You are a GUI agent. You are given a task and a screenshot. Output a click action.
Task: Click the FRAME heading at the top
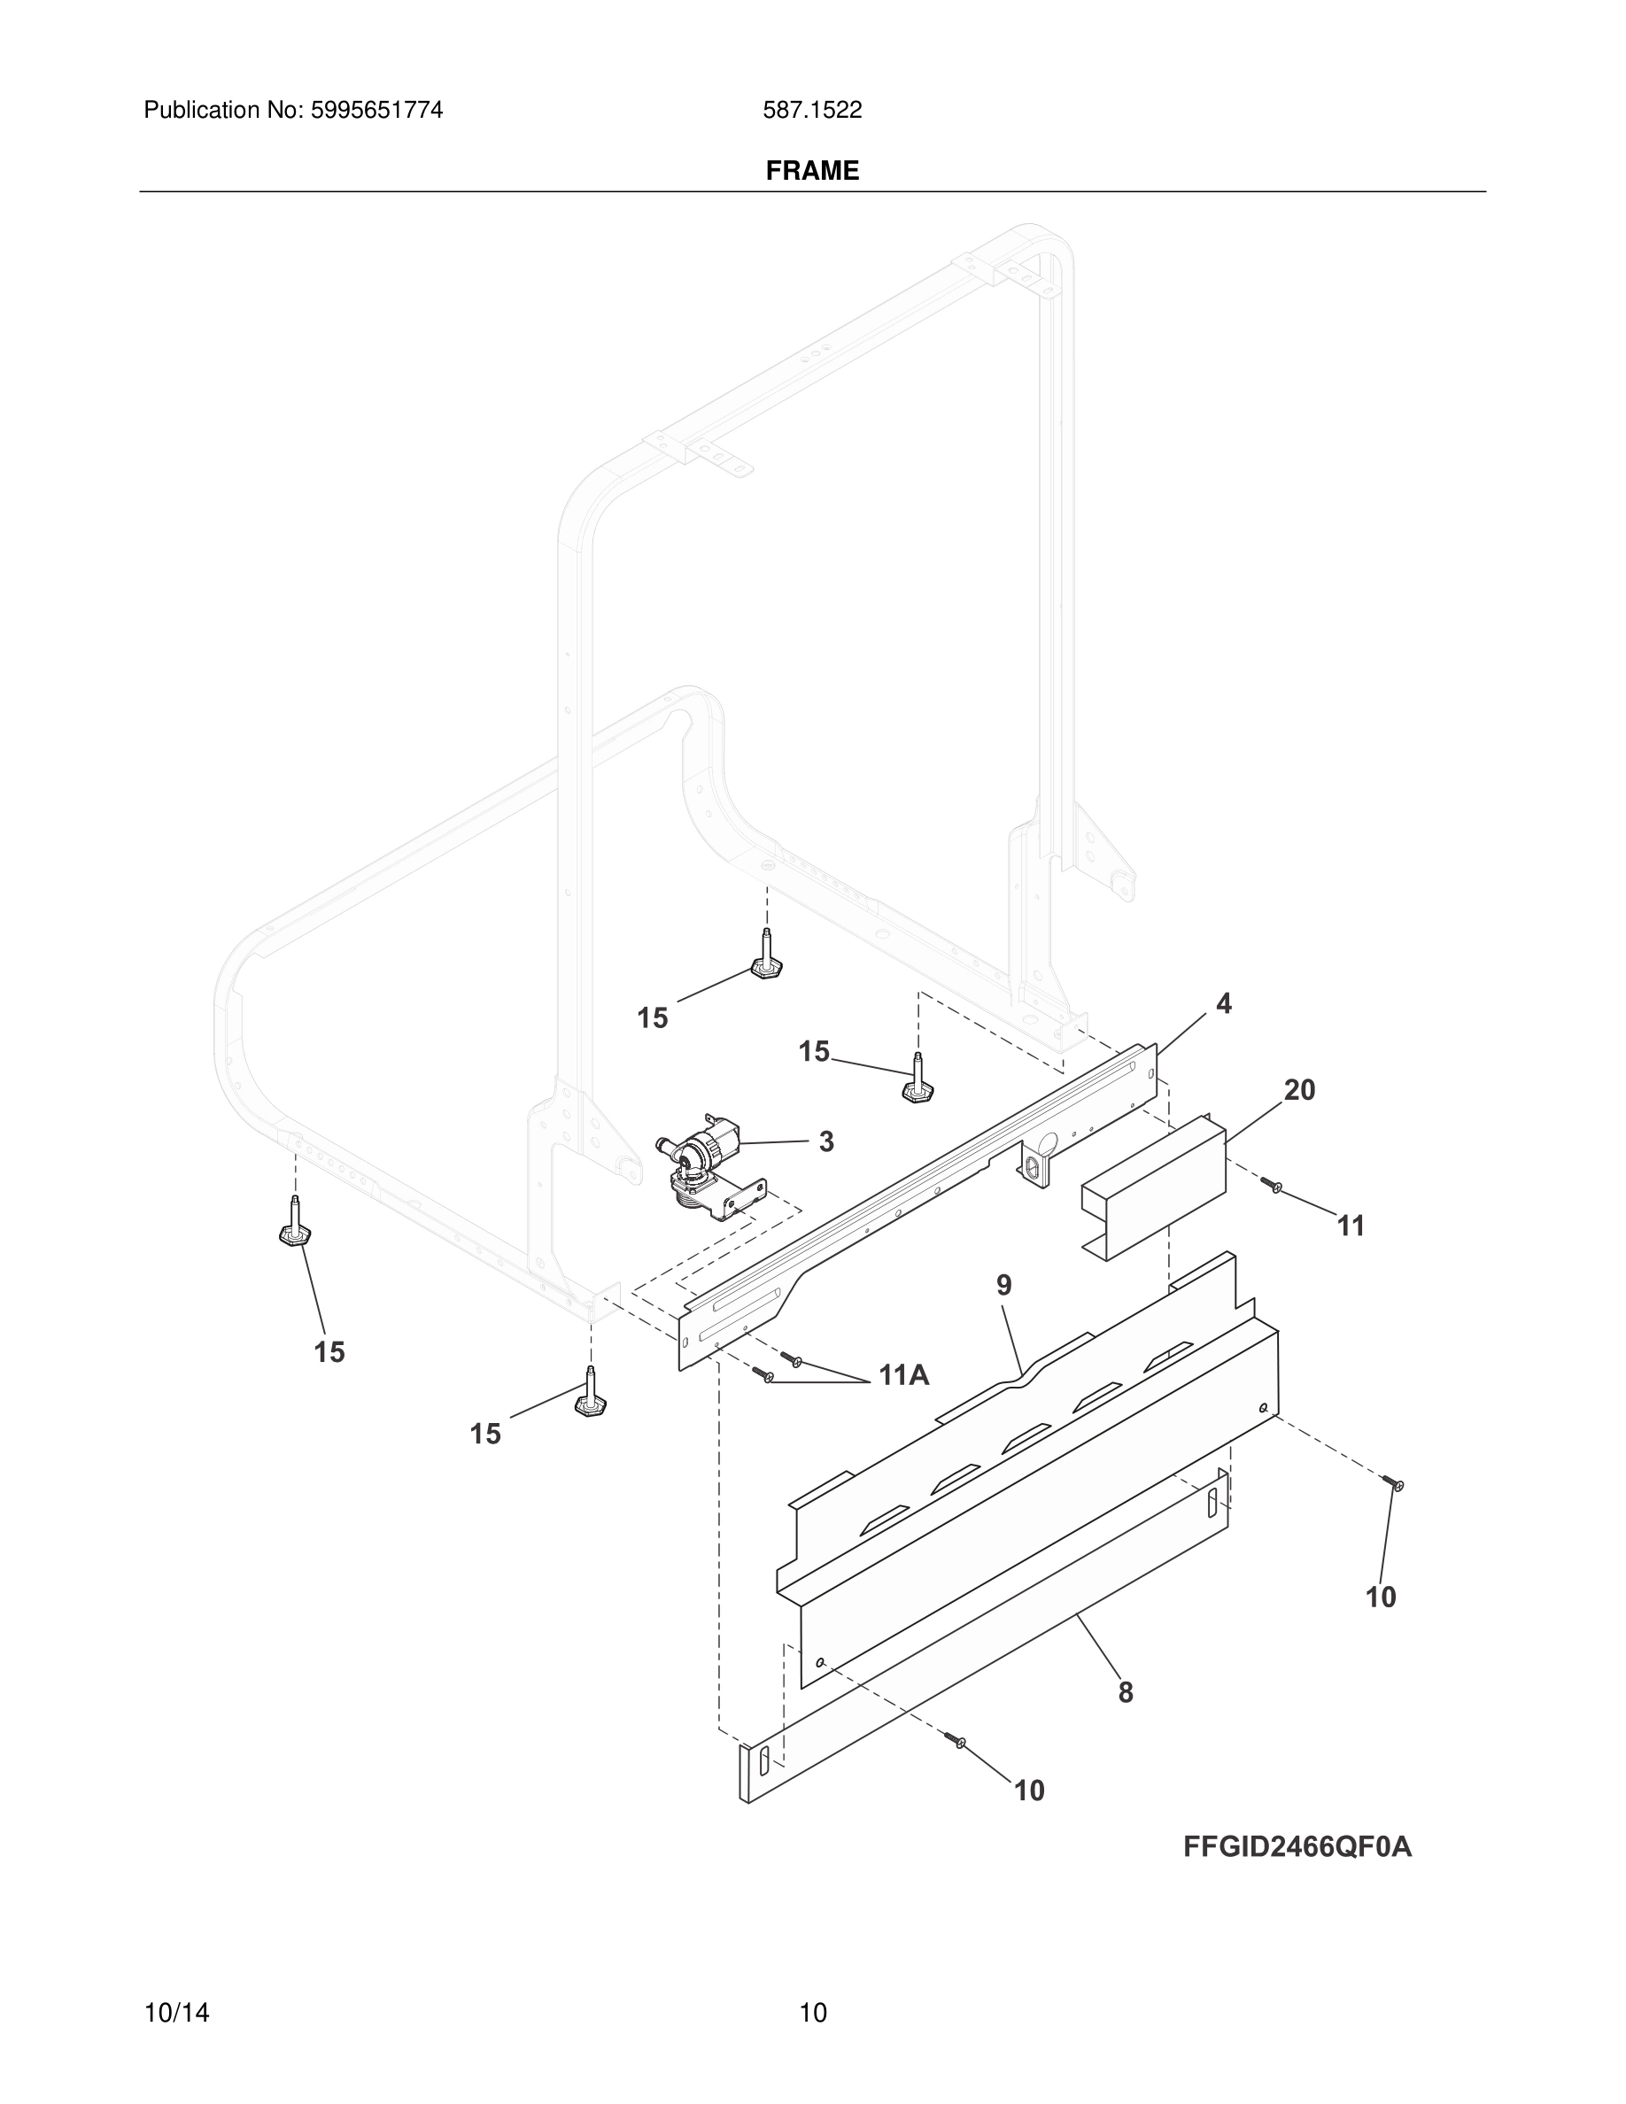pyautogui.click(x=812, y=171)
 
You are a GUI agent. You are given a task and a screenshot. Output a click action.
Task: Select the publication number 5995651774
pyautogui.click(x=376, y=111)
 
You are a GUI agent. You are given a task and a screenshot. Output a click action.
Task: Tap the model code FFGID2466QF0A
pyautogui.click(x=1297, y=1847)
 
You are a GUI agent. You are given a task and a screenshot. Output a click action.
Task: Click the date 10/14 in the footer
pyautogui.click(x=176, y=2013)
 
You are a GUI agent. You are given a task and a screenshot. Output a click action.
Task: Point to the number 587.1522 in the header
pyautogui.click(x=812, y=111)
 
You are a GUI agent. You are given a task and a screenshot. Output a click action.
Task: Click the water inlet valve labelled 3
pyautogui.click(x=706, y=1165)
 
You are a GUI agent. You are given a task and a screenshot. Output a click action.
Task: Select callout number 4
pyautogui.click(x=1223, y=1004)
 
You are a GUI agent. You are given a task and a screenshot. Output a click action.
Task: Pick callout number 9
pyautogui.click(x=1003, y=1284)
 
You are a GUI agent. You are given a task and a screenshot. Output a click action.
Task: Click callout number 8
pyautogui.click(x=1125, y=1691)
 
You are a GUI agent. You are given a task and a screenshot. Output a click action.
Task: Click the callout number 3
pyautogui.click(x=825, y=1141)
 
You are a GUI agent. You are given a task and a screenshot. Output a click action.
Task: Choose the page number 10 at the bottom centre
pyautogui.click(x=813, y=2013)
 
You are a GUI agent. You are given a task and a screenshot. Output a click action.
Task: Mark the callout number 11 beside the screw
pyautogui.click(x=1351, y=1226)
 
